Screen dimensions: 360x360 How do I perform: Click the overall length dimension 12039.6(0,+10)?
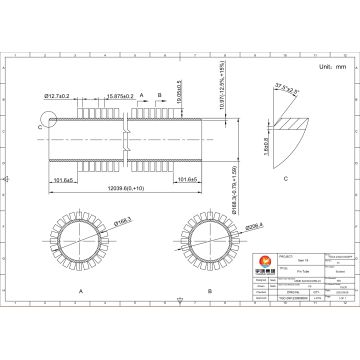click(x=125, y=188)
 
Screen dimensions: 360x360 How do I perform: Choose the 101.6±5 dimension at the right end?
click(x=187, y=179)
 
